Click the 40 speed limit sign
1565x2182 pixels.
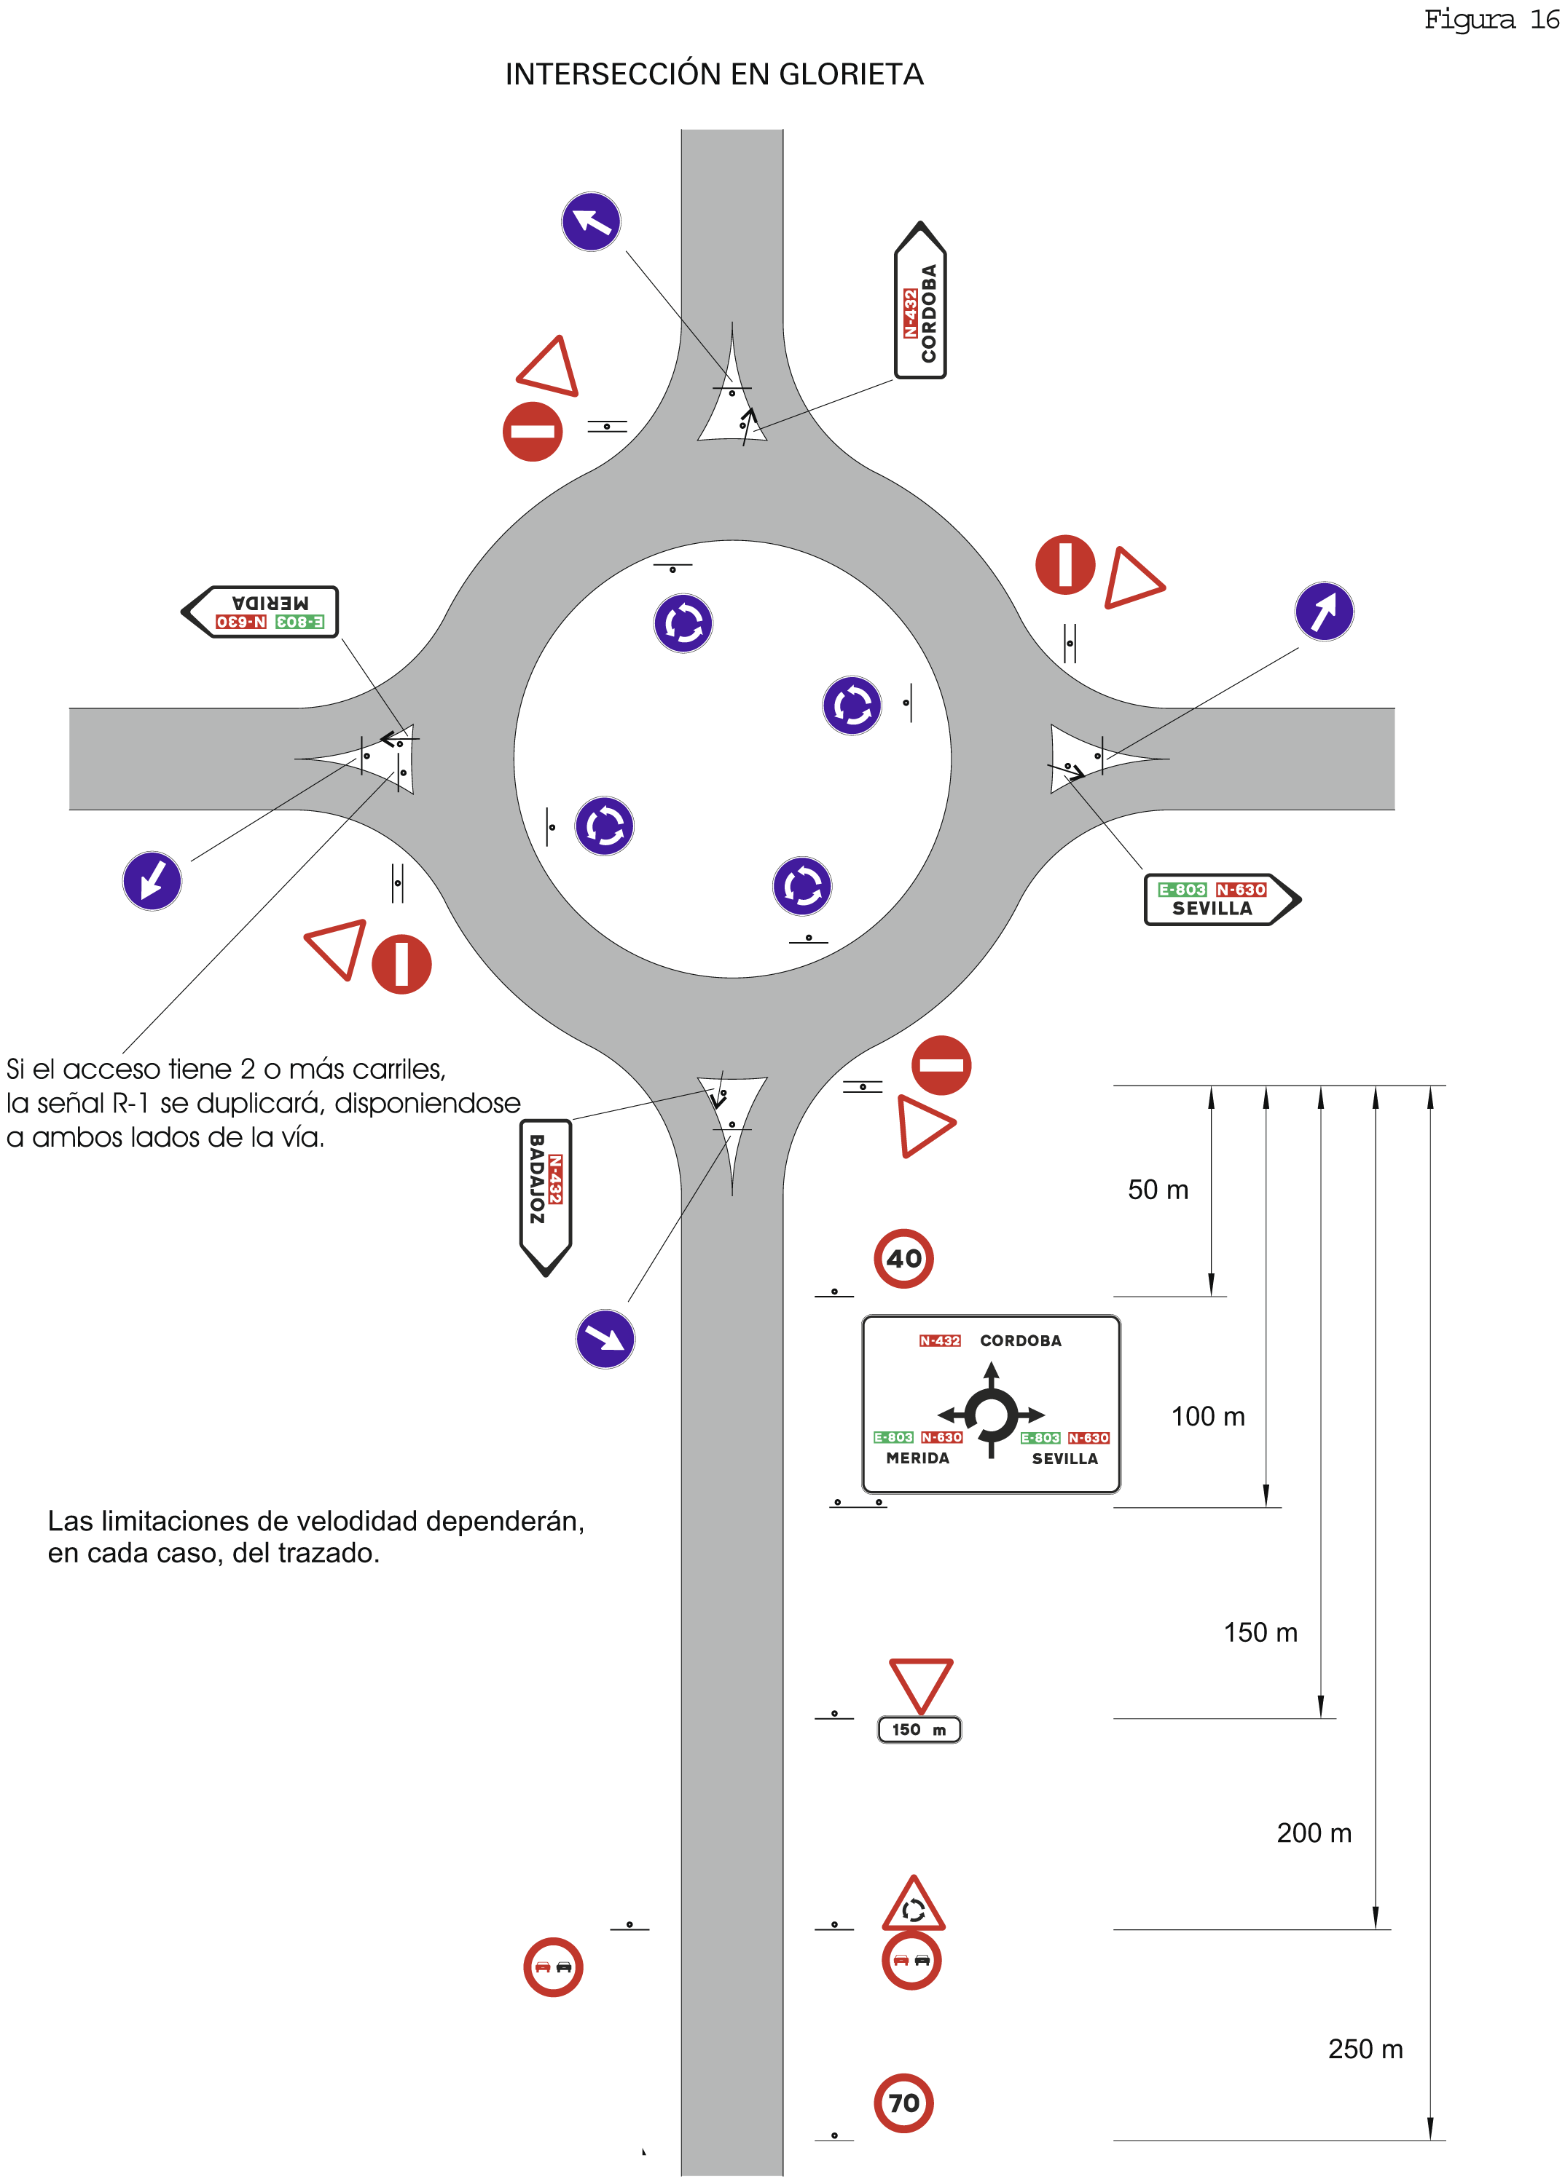(x=903, y=1257)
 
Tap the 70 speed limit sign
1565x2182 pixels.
(x=903, y=2102)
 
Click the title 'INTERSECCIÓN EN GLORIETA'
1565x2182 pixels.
(x=714, y=74)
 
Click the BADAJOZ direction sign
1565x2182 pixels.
(x=545, y=1196)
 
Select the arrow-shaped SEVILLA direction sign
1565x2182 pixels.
(x=1220, y=900)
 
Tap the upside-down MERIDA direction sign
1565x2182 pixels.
(x=262, y=611)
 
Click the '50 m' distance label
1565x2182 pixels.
(x=1158, y=1190)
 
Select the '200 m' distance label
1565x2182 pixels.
(x=1314, y=1833)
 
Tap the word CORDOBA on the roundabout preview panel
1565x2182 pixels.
(x=1020, y=1340)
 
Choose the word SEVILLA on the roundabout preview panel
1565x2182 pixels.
(x=1064, y=1458)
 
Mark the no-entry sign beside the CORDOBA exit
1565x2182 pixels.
(x=533, y=431)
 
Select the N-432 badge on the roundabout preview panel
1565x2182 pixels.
(x=939, y=1340)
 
